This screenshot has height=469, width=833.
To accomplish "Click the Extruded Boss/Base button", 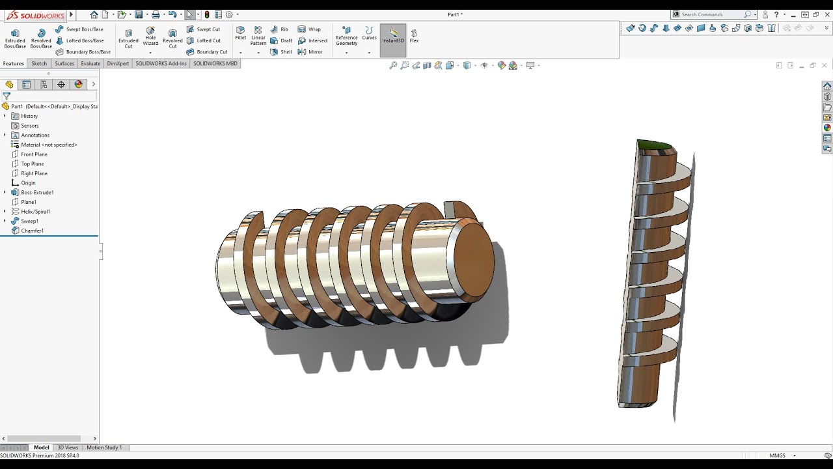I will point(15,38).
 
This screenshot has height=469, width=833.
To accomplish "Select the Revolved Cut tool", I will point(172,38).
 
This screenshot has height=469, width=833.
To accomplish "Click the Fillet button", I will point(241,34).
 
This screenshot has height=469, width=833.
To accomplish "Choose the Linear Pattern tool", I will point(258,36).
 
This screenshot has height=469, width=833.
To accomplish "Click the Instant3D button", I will point(393,36).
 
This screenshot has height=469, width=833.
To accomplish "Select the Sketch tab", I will point(39,64).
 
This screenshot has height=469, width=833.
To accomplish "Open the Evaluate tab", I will point(90,64).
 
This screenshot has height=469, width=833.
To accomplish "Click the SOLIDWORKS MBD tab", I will point(215,64).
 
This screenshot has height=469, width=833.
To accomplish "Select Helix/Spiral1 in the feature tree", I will point(35,212).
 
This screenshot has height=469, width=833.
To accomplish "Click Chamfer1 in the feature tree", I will point(32,231).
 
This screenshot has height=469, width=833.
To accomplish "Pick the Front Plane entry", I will point(34,154).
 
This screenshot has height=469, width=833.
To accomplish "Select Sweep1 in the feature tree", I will point(29,221).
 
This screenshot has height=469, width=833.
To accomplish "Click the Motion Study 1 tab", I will point(104,448).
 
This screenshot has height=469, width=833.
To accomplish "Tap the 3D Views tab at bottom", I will point(68,448).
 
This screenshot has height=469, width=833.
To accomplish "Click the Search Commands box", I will point(711,14).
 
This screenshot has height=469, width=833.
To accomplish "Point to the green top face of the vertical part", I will point(654,145).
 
